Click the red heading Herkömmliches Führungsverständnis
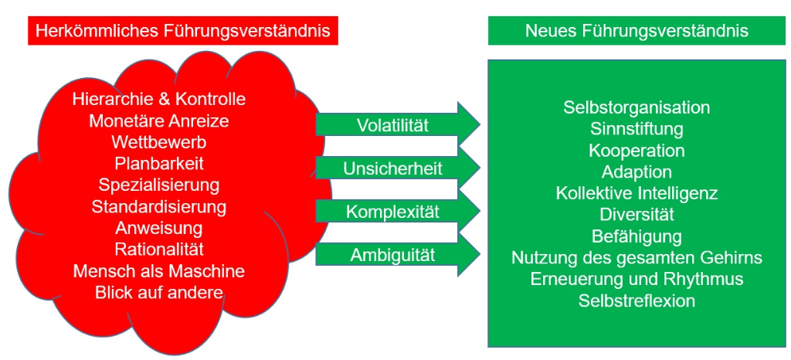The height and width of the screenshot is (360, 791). pos(184,31)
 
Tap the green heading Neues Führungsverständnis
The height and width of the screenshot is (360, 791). pos(637,31)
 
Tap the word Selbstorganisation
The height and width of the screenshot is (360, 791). pos(637,107)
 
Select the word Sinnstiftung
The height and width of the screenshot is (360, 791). pos(637,128)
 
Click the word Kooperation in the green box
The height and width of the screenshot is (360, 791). pos(637,150)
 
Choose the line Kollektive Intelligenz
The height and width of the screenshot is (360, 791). pos(637,193)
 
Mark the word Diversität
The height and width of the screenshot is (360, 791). pos(637,214)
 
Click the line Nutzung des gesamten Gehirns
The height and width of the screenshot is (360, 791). pos(637,257)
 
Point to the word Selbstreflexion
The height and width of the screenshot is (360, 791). pos(637,301)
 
